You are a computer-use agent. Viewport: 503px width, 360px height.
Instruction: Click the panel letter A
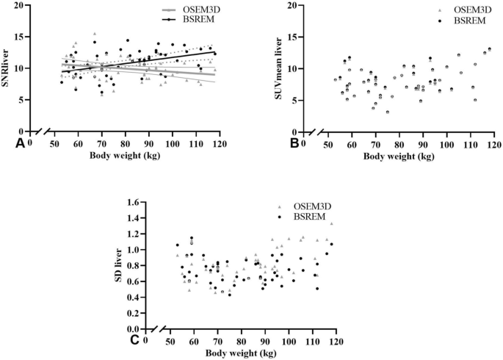[x=20, y=143]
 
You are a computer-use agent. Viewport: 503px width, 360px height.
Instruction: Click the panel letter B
[x=294, y=143]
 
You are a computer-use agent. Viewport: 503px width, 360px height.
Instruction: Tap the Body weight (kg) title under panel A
[x=121, y=156]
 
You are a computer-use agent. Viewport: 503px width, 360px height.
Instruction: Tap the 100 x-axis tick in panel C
[x=289, y=342]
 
